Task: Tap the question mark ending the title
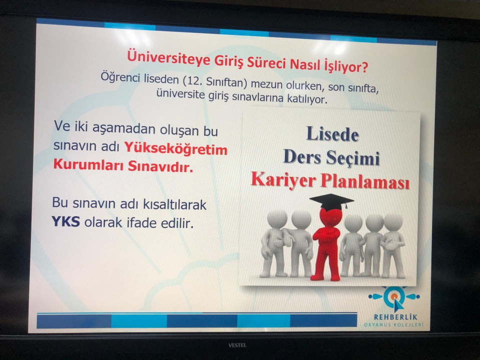364,67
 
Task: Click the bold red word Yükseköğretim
175,149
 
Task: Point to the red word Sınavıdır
160,166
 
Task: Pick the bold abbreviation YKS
66,221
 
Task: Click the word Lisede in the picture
332,134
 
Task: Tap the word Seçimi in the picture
352,158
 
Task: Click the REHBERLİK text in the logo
395,317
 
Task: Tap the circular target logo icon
394,296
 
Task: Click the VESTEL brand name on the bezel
237,345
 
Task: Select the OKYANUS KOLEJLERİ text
393,324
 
